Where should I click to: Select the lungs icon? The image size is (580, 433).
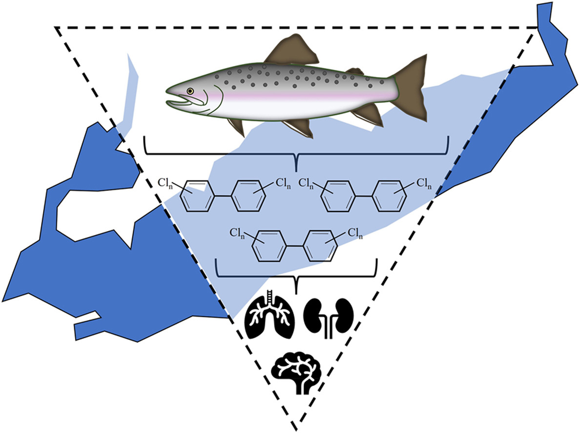click(270, 317)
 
